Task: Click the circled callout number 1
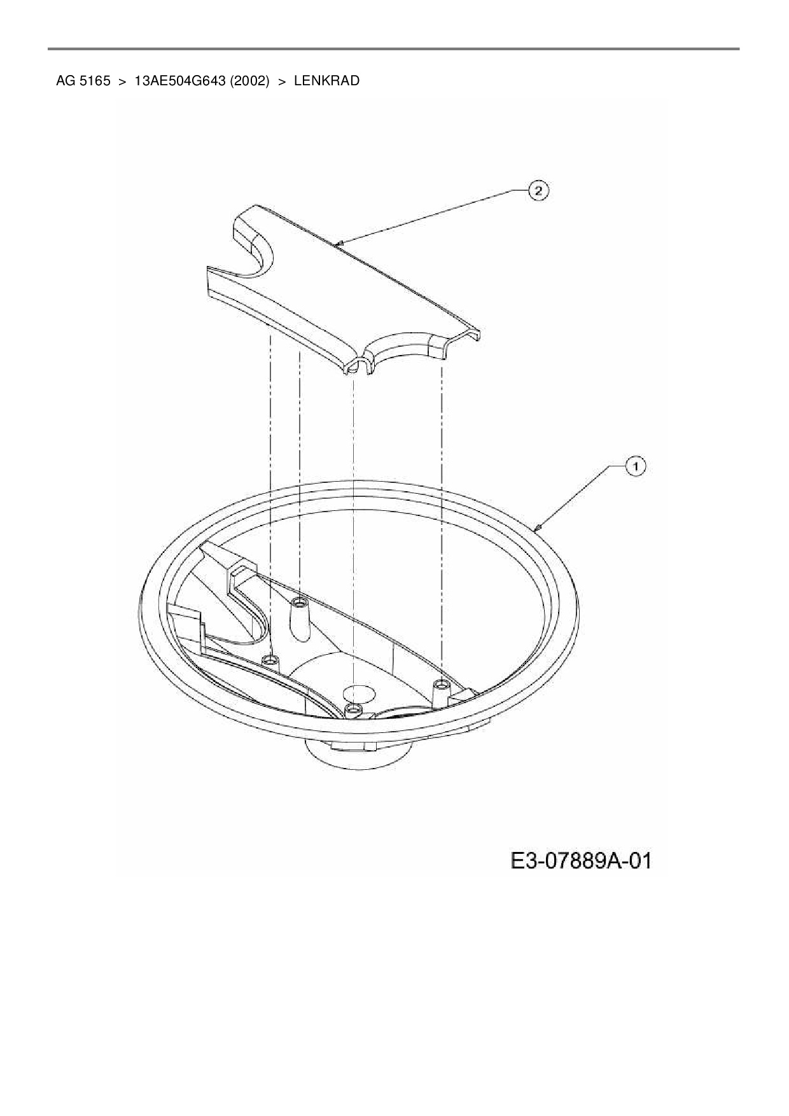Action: coord(635,466)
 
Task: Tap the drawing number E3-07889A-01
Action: coord(581,861)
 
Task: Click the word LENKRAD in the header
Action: coord(326,81)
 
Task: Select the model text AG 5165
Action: coord(83,81)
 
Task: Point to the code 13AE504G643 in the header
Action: coord(179,81)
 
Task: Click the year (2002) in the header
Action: coord(248,81)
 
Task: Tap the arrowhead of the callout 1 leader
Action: coord(537,526)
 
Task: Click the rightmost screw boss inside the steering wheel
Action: coord(440,692)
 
